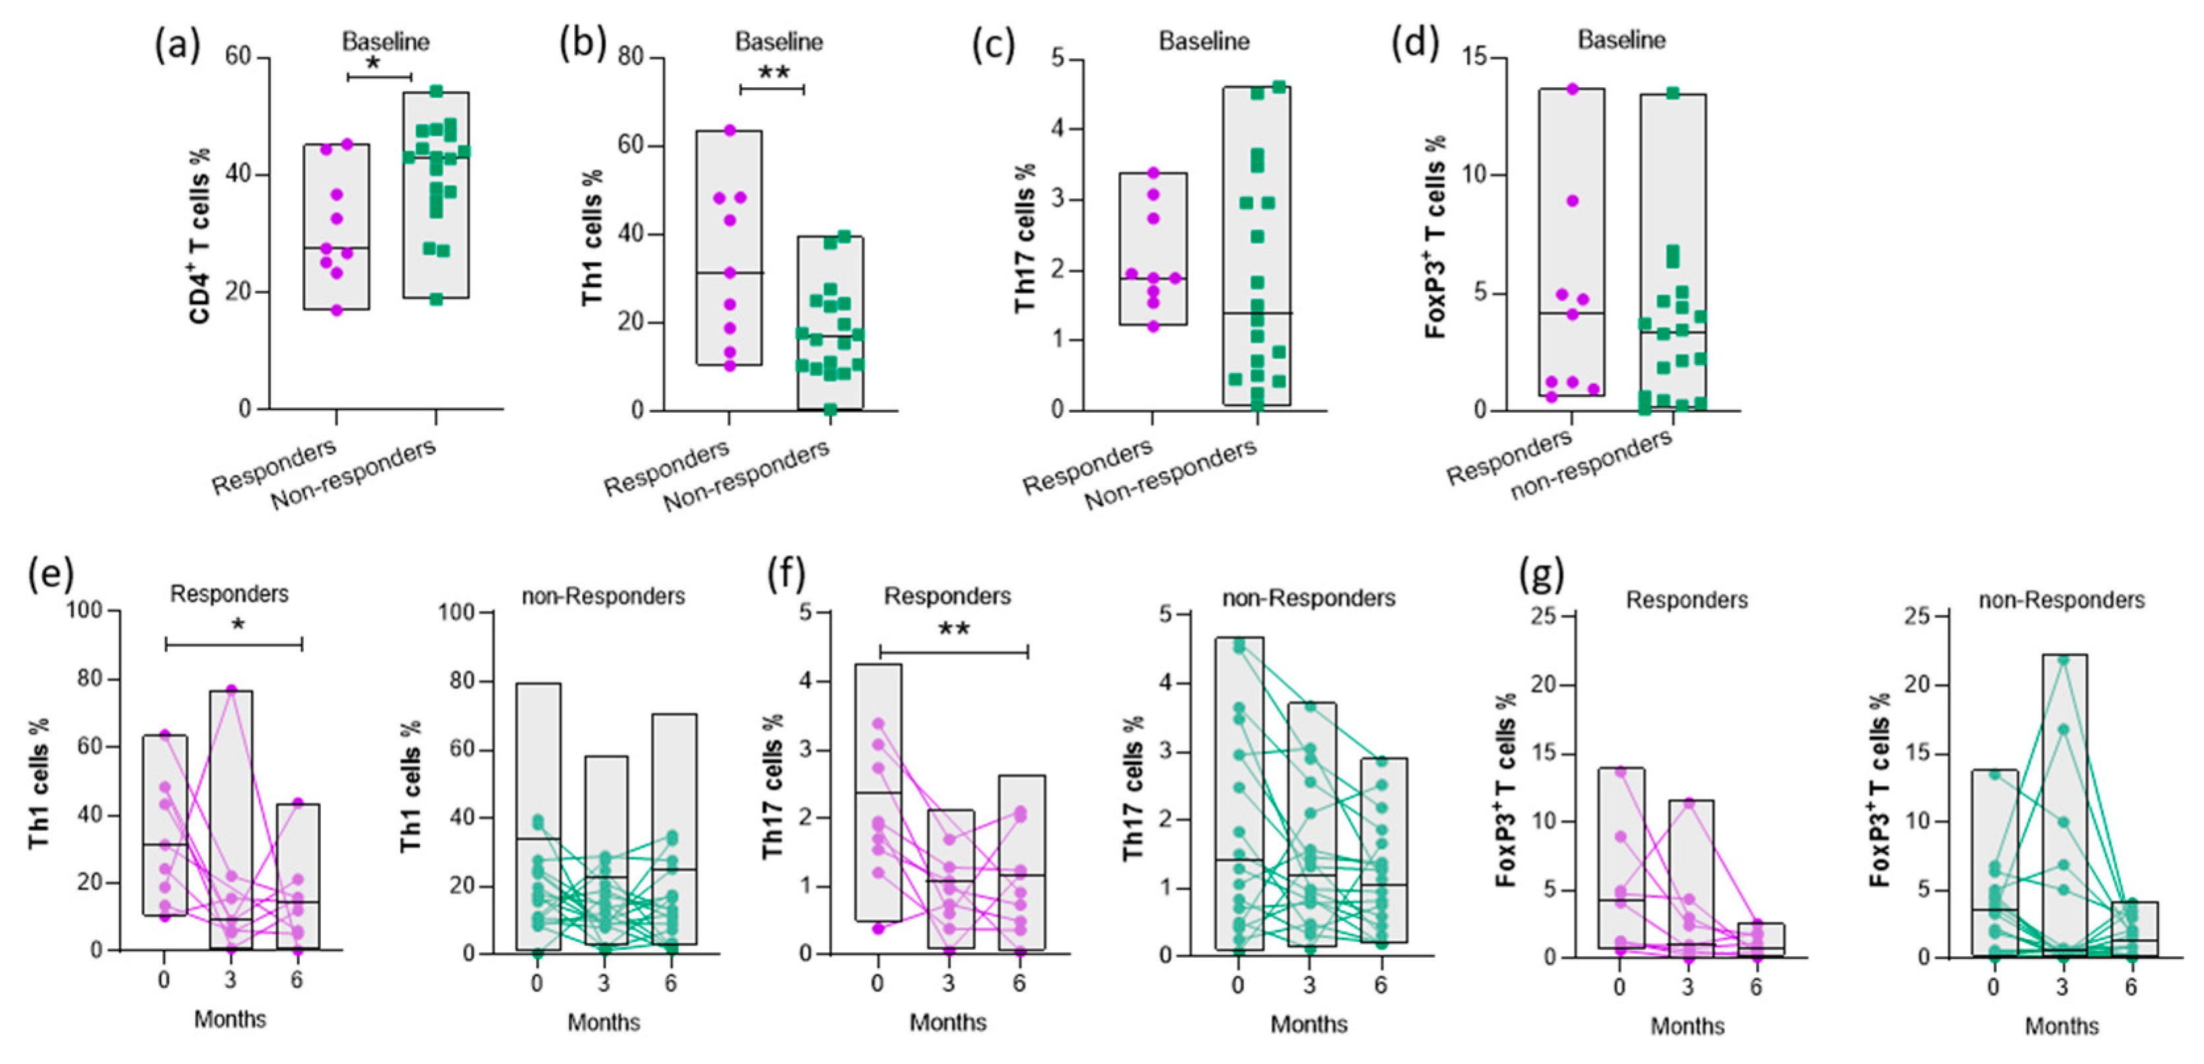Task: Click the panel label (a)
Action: [x=177, y=44]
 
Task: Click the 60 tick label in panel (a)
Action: [x=238, y=57]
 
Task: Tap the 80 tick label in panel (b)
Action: [x=632, y=57]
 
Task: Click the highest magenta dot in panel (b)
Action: [x=730, y=130]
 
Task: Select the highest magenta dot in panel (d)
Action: [x=1572, y=88]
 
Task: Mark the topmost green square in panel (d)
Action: [x=1673, y=93]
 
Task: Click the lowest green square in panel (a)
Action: [x=436, y=299]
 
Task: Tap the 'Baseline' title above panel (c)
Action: [x=1204, y=41]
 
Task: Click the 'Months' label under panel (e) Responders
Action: [x=230, y=1018]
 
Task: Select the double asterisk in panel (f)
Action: [x=954, y=630]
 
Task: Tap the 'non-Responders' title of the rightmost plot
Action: [x=2061, y=600]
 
